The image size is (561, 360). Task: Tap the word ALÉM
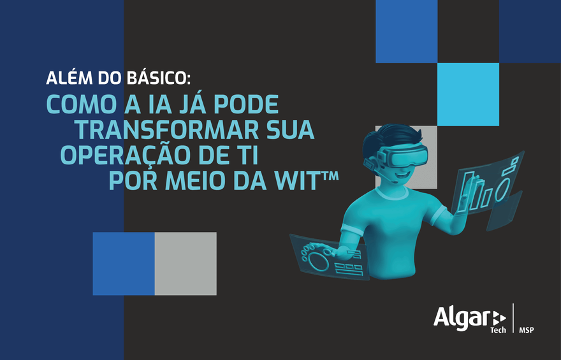click(67, 78)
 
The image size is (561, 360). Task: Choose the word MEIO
click(198, 180)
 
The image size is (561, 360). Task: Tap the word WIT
click(298, 180)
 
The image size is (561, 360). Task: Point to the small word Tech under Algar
click(497, 330)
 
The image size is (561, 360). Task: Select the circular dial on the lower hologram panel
click(317, 258)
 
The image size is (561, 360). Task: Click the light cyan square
click(468, 94)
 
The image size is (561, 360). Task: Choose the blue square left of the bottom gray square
click(124, 263)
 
